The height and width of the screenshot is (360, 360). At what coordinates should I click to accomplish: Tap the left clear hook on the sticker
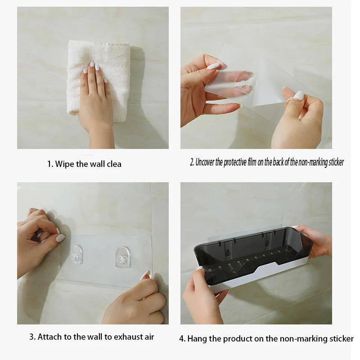pyautogui.click(x=76, y=255)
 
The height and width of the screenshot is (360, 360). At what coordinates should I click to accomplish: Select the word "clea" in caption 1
pyautogui.click(x=113, y=164)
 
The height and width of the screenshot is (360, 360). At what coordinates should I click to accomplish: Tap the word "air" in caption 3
pyautogui.click(x=149, y=337)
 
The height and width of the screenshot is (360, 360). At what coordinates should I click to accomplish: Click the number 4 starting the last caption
pyautogui.click(x=182, y=339)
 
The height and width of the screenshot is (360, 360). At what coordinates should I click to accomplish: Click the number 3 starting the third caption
pyautogui.click(x=32, y=337)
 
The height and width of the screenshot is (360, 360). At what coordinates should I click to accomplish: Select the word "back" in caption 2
pyautogui.click(x=278, y=162)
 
